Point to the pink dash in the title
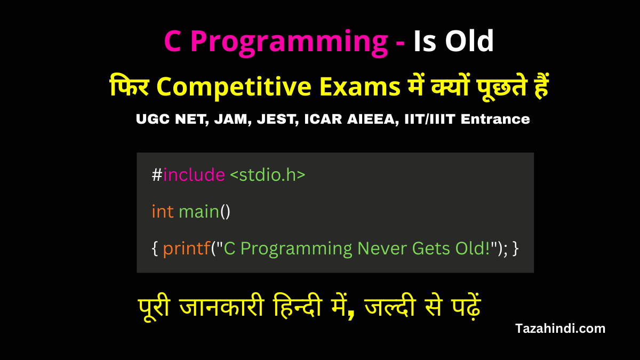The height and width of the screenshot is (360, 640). pyautogui.click(x=399, y=43)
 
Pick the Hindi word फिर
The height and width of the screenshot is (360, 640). pyautogui.click(x=127, y=87)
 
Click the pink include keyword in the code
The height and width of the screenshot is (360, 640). pyautogui.click(x=194, y=175)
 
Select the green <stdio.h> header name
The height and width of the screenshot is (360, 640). pyautogui.click(x=268, y=175)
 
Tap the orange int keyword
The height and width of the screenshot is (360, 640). pyautogui.click(x=163, y=212)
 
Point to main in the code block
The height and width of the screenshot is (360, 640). pyautogui.click(x=199, y=212)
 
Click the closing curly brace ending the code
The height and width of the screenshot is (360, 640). pyautogui.click(x=515, y=249)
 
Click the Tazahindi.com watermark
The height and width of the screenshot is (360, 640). pyautogui.click(x=560, y=329)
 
